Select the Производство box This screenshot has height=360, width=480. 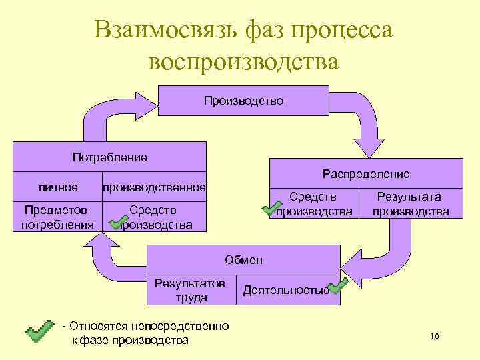pyautogui.click(x=243, y=101)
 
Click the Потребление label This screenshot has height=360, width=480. pyautogui.click(x=109, y=157)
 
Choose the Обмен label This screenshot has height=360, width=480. pyautogui.click(x=243, y=259)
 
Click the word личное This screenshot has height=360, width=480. pyautogui.click(x=57, y=187)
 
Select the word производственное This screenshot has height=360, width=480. pyautogui.click(x=153, y=187)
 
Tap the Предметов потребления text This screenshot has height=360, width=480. pyautogui.click(x=57, y=217)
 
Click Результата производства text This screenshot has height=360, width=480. pyautogui.click(x=410, y=204)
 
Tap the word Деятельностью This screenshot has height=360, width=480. pyautogui.click(x=285, y=290)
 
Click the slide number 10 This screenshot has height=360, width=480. pyautogui.click(x=435, y=337)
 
